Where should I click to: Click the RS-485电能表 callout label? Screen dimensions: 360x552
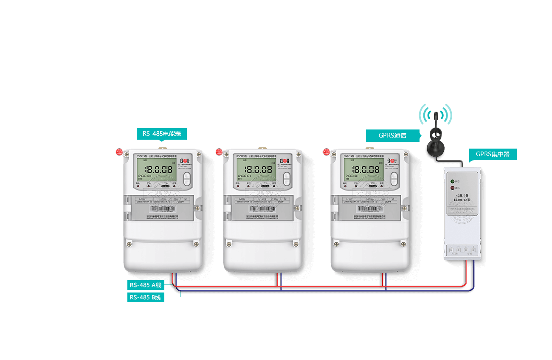[x=162, y=134]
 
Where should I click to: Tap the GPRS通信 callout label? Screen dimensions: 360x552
[x=392, y=136]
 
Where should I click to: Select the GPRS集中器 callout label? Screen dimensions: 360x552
[x=493, y=154]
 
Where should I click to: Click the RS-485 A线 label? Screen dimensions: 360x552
[x=146, y=285]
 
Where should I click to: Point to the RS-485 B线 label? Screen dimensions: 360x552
[x=146, y=297]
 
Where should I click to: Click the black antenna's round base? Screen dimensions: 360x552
[x=436, y=148]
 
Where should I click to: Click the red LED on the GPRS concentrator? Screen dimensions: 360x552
[x=453, y=187]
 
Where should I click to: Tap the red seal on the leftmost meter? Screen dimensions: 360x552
[x=119, y=152]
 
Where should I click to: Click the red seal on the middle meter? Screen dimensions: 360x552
[x=219, y=152]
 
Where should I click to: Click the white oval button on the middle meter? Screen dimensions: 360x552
[x=287, y=178]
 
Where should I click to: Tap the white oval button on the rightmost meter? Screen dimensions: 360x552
[x=394, y=178]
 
